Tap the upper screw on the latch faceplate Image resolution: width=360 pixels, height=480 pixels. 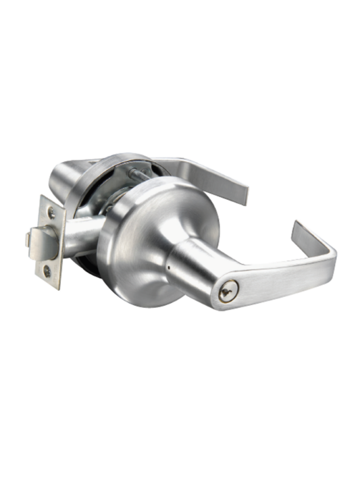[x=51, y=213]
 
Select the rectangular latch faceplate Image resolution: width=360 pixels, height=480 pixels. [x=49, y=242]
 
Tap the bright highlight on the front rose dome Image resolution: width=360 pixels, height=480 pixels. [x=159, y=203]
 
